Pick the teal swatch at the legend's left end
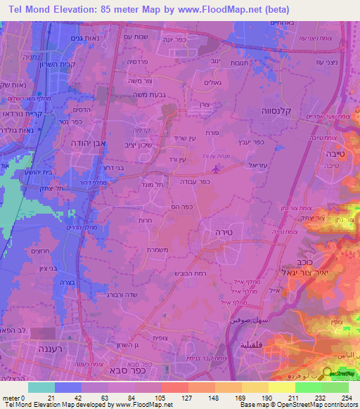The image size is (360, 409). coord(41,387)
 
